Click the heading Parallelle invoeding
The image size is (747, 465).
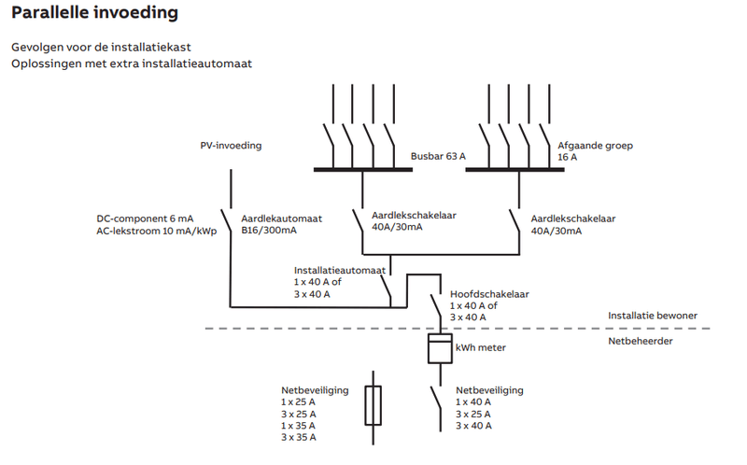(x=94, y=14)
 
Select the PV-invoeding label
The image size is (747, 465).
(x=231, y=146)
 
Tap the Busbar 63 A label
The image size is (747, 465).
(x=438, y=157)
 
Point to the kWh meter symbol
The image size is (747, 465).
(x=438, y=349)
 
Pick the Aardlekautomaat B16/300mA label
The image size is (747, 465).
(x=281, y=224)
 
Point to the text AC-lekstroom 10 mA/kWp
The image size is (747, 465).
(x=156, y=231)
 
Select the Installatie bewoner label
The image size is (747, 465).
(x=652, y=316)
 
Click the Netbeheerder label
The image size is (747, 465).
(x=641, y=341)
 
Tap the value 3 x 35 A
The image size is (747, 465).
(x=299, y=437)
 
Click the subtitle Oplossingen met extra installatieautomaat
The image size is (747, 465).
(x=131, y=63)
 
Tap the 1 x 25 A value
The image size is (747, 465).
(x=299, y=402)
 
